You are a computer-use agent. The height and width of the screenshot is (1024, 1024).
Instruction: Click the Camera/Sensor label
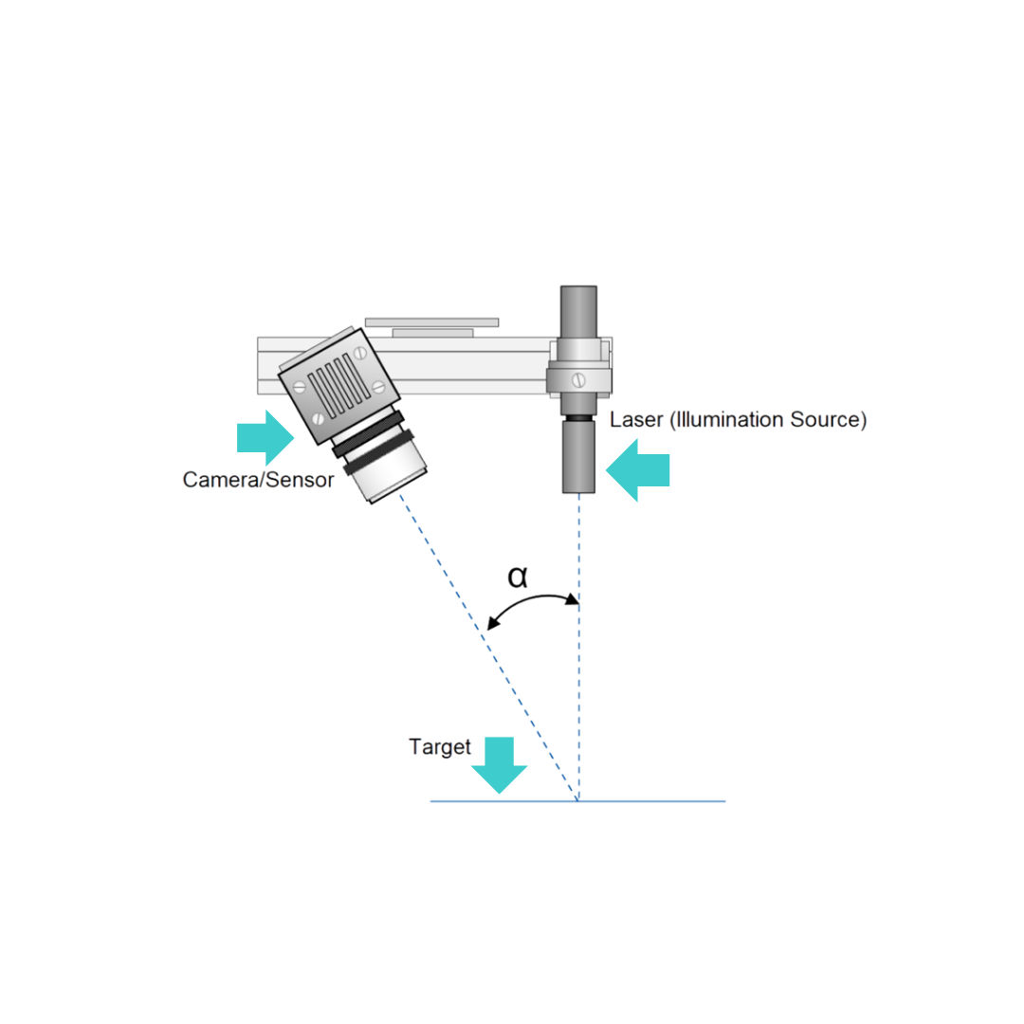(x=258, y=480)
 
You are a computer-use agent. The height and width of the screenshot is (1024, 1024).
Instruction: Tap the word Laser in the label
(x=635, y=419)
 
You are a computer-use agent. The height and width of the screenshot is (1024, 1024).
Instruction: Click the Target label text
(x=439, y=746)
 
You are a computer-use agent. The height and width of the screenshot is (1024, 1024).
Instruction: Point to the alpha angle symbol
(x=517, y=576)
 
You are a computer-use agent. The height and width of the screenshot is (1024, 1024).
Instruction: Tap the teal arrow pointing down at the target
(x=499, y=764)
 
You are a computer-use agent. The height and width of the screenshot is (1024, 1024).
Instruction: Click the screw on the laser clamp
(x=578, y=378)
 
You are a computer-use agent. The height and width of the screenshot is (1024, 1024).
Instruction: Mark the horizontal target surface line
(x=654, y=801)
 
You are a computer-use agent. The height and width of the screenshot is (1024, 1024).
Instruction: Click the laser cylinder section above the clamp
(x=578, y=311)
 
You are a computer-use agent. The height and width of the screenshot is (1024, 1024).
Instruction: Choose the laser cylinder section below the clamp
(x=578, y=457)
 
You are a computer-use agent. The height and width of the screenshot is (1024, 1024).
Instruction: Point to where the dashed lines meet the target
(x=577, y=800)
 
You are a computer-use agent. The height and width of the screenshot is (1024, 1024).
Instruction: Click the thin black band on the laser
(x=578, y=418)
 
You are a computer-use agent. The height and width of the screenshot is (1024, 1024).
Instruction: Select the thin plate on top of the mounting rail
(x=431, y=322)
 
